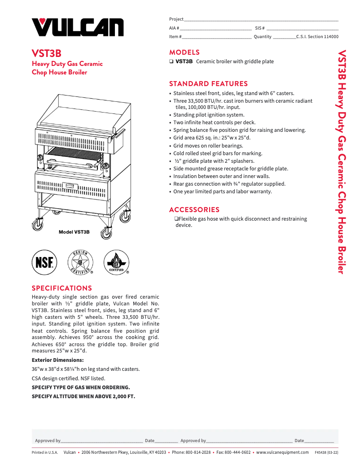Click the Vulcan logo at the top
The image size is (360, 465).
(77, 27)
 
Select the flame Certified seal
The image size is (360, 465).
(116, 262)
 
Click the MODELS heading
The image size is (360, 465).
(184, 52)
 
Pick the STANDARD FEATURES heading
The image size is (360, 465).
(208, 84)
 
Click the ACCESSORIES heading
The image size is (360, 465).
(194, 209)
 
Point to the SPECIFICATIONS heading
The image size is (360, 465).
(61, 288)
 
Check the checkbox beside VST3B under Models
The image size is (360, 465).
(171, 61)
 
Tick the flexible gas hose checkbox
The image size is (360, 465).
(176, 219)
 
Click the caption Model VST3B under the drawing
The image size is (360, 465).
(74, 232)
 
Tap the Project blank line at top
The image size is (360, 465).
(261, 20)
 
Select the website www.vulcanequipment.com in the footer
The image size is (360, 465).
(282, 452)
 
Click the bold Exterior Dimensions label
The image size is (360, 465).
(57, 360)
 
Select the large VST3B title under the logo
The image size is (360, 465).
(46, 54)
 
